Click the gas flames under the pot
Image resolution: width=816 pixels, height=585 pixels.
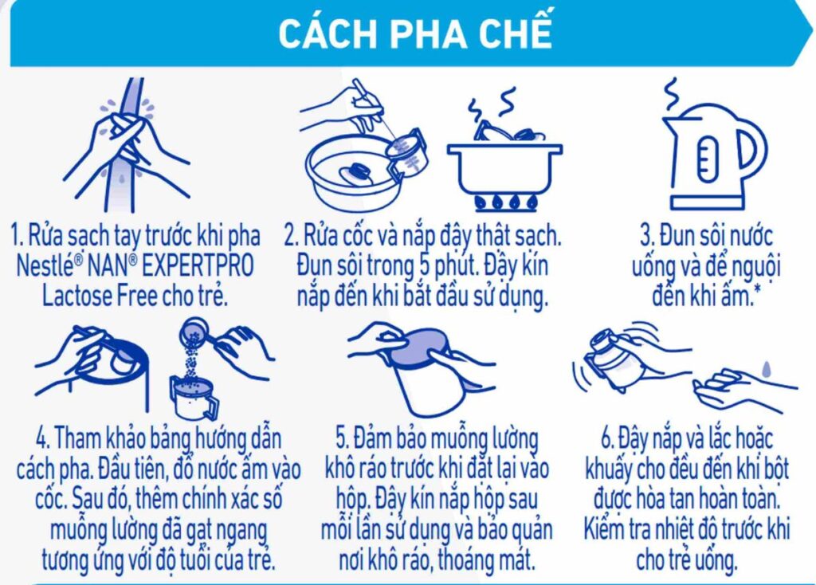504,202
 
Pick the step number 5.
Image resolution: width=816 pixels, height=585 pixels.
343,438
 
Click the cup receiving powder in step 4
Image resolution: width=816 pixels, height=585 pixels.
194,399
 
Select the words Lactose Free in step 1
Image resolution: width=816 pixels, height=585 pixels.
100,296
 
